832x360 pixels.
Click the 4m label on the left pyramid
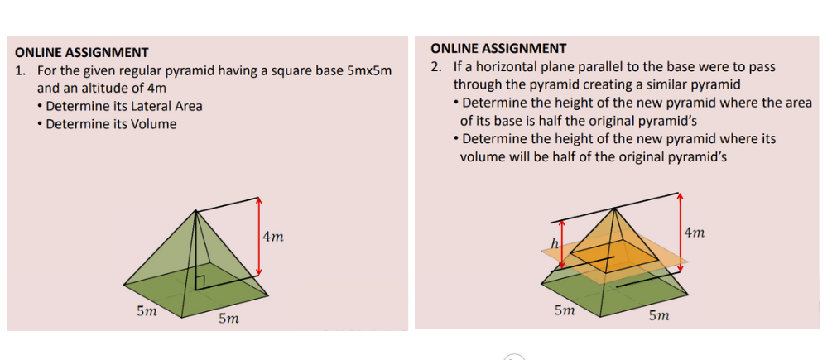pos(273,238)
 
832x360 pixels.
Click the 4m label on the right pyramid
pos(695,233)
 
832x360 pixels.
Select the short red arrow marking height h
pos(561,244)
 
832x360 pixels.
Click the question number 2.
pos(436,66)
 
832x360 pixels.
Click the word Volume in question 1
pos(153,124)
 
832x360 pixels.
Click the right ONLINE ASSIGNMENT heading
pos(498,48)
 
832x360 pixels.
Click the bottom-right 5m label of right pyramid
pos(660,315)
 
